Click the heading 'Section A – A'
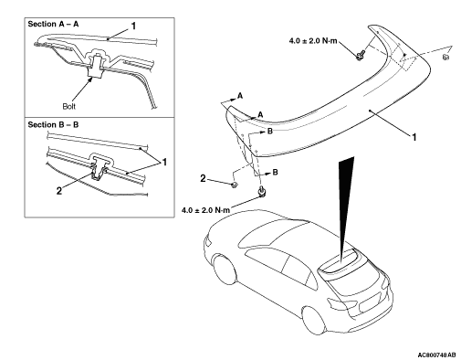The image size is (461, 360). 53,24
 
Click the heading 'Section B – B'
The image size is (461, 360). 53,125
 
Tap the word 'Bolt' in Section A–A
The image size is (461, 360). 68,106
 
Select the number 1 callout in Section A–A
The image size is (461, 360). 133,26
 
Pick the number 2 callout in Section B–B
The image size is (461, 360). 59,191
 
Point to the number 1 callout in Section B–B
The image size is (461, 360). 164,163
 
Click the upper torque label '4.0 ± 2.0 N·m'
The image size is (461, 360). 313,41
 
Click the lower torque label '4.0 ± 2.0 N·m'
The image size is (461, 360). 205,210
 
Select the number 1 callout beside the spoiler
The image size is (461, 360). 414,137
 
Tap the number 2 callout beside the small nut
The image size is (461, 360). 203,178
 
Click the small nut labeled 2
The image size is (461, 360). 235,185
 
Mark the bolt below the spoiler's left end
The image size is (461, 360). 261,192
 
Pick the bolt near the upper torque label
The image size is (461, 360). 361,55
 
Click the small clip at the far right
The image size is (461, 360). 445,57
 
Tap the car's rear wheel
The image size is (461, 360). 314,321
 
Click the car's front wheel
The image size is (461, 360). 225,270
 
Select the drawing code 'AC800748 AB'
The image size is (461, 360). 437,355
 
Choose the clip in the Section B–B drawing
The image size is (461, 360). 100,168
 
